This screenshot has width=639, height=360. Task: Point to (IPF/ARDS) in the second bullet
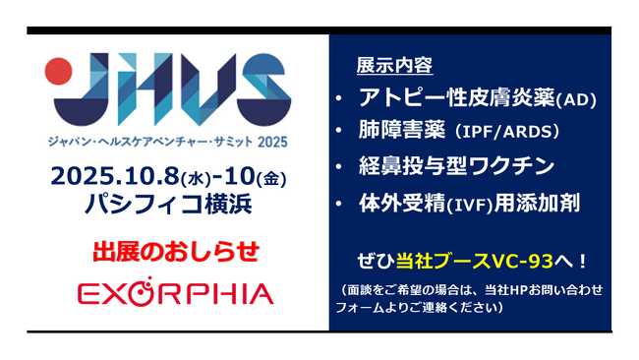coord(517,132)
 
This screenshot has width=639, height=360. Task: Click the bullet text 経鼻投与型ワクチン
coord(457,164)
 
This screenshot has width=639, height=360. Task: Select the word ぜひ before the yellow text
coord(379,259)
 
